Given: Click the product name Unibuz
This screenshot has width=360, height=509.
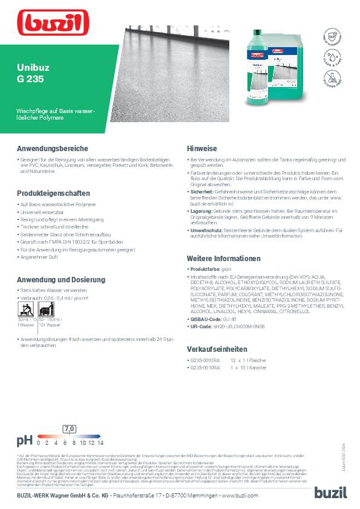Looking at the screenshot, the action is [30, 69].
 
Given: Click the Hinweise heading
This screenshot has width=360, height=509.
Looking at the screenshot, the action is [202, 148].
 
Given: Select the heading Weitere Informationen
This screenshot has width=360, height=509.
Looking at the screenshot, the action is [223, 258].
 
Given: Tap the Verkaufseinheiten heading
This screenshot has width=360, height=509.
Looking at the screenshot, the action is [217, 349].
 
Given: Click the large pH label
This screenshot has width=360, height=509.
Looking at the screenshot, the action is [24, 440].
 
